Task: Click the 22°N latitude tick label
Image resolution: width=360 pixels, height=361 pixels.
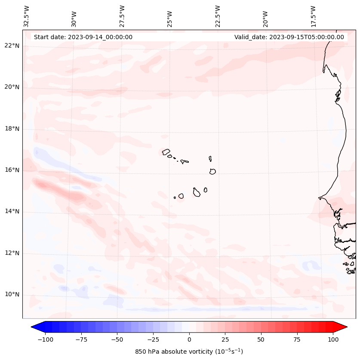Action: click(x=12, y=46)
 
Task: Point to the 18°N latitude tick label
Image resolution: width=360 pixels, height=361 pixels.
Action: click(x=12, y=129)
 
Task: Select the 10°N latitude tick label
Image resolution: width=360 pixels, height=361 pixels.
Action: click(x=12, y=295)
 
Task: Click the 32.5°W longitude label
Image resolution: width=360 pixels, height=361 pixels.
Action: click(x=27, y=16)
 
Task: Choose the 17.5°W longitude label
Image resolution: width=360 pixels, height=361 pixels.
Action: click(x=313, y=16)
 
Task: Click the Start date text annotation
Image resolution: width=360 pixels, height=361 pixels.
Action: click(x=83, y=37)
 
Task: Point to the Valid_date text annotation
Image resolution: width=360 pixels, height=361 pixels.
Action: click(x=289, y=37)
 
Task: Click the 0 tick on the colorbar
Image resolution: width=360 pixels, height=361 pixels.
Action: click(x=189, y=339)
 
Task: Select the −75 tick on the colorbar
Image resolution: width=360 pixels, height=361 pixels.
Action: click(x=81, y=339)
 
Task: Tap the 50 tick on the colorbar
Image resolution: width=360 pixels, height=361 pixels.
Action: click(x=261, y=339)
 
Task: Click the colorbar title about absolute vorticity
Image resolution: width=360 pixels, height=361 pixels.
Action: click(x=189, y=352)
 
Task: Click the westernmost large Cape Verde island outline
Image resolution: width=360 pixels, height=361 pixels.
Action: click(x=166, y=151)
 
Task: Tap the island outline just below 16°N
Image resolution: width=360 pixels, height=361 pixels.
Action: click(x=212, y=171)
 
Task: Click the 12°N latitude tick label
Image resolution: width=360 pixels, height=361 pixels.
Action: click(x=12, y=253)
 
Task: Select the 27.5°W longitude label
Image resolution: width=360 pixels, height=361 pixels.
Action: click(x=122, y=16)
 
